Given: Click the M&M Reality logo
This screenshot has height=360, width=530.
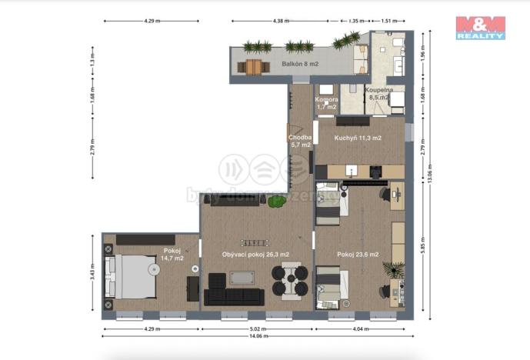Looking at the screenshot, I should point(480,27).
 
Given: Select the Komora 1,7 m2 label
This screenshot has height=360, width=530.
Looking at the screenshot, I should point(325,103).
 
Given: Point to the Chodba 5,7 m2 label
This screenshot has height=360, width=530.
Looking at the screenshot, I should point(299,141).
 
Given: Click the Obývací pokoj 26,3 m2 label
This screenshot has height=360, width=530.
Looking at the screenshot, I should point(255,255).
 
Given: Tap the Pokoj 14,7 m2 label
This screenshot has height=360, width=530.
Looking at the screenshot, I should point(172,255).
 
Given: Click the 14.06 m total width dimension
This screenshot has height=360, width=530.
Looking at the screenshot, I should point(257,336).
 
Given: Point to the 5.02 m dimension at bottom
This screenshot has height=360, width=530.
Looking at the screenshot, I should point(257,329).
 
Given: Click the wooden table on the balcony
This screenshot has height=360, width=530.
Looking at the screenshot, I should point(254,68).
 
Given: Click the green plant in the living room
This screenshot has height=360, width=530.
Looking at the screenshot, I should point(277,202).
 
